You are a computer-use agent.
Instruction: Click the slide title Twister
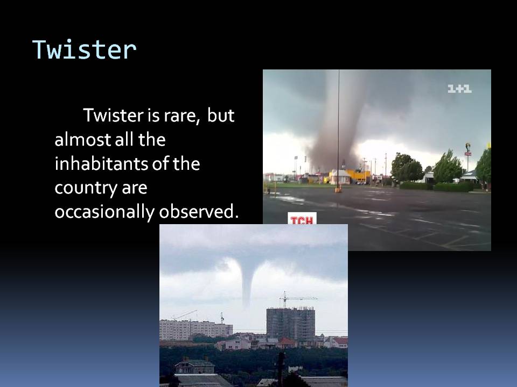(85, 49)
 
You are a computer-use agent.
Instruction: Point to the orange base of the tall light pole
(338, 189)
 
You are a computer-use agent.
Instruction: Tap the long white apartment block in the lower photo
(194, 328)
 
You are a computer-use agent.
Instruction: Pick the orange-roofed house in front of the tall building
(286, 342)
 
